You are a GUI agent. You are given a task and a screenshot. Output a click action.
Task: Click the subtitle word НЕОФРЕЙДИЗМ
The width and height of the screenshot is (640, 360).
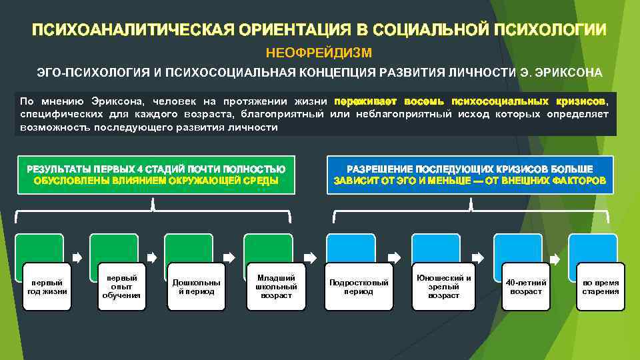[x=319, y=51]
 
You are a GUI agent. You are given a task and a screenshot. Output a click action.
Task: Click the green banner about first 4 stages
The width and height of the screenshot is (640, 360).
[x=154, y=175]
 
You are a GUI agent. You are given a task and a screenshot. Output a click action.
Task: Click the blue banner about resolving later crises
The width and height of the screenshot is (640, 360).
[x=470, y=175]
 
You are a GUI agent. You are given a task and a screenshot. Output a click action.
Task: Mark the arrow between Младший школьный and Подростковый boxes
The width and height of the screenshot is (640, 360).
[x=311, y=256]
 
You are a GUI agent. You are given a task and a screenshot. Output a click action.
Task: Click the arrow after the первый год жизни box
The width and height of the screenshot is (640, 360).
[x=77, y=256]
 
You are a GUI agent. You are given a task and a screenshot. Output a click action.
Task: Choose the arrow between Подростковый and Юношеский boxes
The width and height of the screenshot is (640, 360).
[x=394, y=256]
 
